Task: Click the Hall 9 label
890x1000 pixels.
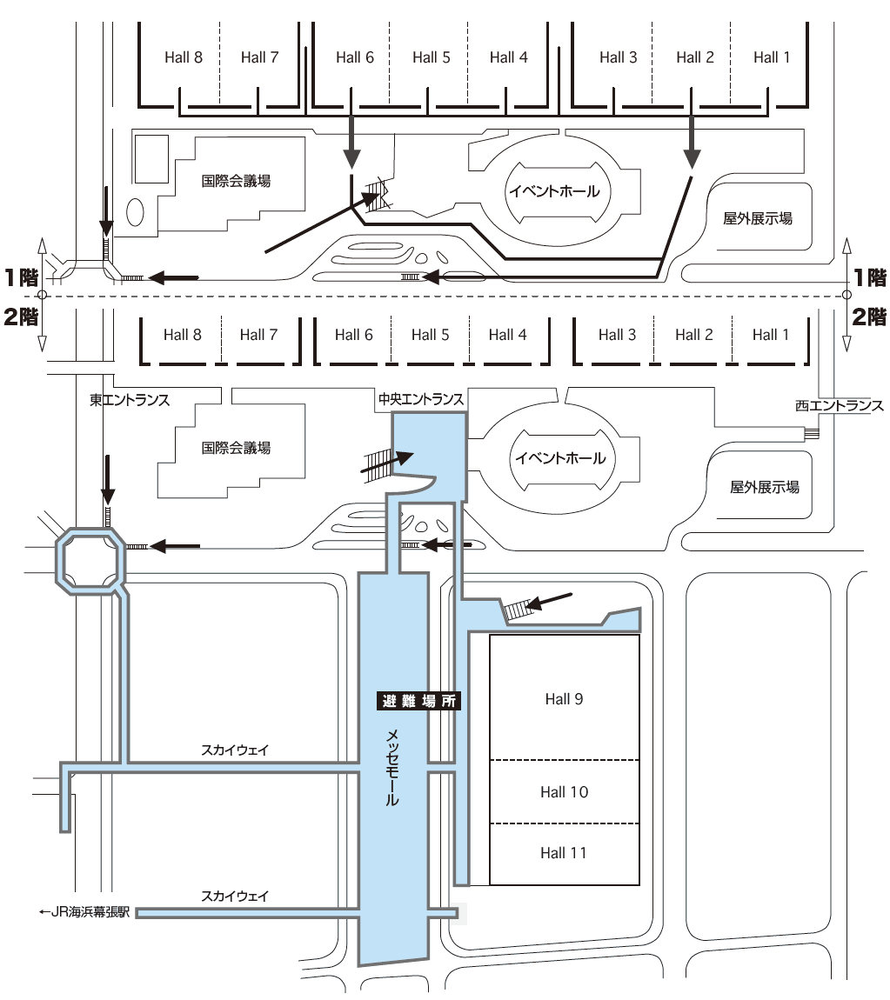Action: pos(564,699)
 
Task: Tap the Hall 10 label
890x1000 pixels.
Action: pos(564,792)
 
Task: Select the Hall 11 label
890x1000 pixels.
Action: pos(564,853)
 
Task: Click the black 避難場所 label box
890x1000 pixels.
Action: pos(418,701)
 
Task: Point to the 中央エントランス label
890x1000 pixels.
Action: pos(421,399)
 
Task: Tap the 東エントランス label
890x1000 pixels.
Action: pos(130,400)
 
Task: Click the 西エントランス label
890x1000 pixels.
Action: pos(839,405)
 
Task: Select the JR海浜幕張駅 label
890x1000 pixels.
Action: pos(85,912)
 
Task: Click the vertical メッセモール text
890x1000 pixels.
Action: pos(392,767)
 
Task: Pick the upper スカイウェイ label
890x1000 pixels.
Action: pos(235,750)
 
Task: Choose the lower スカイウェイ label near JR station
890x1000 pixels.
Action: pos(235,896)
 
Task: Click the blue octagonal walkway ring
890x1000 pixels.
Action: pos(90,530)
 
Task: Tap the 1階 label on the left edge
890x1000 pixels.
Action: pos(21,278)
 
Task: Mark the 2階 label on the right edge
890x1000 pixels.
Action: pos(870,317)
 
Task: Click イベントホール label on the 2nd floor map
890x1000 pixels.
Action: pos(560,458)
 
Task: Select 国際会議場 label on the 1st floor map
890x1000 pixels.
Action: pos(236,181)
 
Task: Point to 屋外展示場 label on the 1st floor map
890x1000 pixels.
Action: pos(757,219)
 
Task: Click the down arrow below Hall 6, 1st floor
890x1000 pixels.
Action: pos(351,135)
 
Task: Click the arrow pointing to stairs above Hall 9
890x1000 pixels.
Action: pos(550,601)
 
